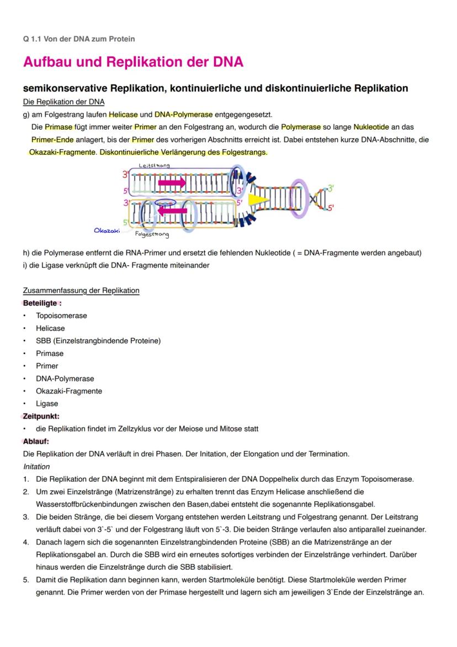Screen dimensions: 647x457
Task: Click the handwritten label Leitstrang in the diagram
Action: (x=154, y=165)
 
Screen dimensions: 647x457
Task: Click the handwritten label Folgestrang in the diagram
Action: (x=152, y=234)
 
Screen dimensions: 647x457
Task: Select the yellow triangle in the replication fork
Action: (x=257, y=199)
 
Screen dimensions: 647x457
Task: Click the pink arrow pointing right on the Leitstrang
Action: (x=172, y=183)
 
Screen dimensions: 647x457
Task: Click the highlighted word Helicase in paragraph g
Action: (x=123, y=115)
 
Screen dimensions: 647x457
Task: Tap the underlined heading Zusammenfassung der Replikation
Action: (x=81, y=291)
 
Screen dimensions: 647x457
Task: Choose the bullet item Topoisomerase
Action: (x=61, y=315)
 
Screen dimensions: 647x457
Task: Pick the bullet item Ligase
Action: (x=47, y=403)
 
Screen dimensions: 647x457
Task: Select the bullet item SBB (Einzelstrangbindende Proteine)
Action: (x=98, y=341)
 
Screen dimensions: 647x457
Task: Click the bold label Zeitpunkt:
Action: (x=41, y=416)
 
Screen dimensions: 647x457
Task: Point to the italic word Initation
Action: (x=36, y=466)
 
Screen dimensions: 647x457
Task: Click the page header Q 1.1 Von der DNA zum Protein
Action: (x=79, y=39)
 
